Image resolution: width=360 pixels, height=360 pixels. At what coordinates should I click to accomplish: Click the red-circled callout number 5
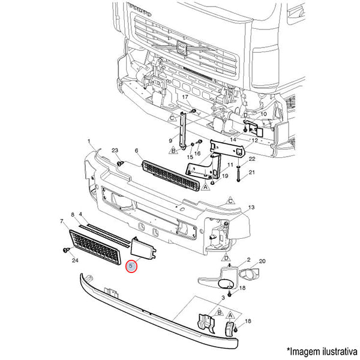tap(131, 265)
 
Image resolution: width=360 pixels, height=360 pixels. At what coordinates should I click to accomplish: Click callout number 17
tap(185, 97)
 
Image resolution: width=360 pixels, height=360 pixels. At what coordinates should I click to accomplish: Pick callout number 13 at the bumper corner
tap(252, 207)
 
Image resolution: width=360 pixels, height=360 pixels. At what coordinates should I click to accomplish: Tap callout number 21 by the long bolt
tap(252, 172)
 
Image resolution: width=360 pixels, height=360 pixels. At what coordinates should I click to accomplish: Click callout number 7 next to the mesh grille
tap(62, 222)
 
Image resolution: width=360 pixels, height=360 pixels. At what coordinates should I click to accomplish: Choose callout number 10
tap(263, 113)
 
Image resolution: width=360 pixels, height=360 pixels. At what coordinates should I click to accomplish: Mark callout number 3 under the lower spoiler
tap(223, 298)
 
